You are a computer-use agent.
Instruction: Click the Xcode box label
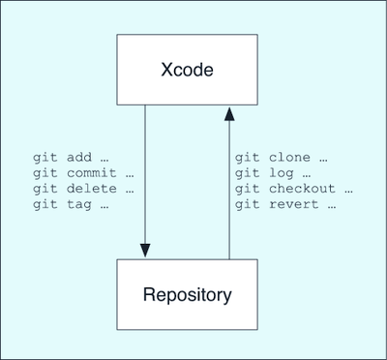pyautogui.click(x=187, y=70)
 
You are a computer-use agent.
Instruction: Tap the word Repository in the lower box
pyautogui.click(x=187, y=295)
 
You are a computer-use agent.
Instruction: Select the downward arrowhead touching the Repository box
pyautogui.click(x=145, y=251)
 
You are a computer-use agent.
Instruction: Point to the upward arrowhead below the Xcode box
pyautogui.click(x=229, y=114)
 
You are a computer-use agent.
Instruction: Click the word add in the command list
pyautogui.click(x=79, y=158)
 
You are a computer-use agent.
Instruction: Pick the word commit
pyautogui.click(x=91, y=173)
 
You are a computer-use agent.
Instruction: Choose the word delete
pyautogui.click(x=91, y=189)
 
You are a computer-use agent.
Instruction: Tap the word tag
pyautogui.click(x=79, y=205)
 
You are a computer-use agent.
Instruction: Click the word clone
pyautogui.click(x=289, y=158)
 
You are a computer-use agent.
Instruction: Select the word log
pyautogui.click(x=282, y=173)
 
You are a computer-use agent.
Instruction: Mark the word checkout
pyautogui.click(x=302, y=189)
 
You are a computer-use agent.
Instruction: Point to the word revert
pyautogui.click(x=293, y=204)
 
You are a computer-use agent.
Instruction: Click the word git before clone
pyautogui.click(x=247, y=158)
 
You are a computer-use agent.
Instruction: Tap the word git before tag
pyautogui.click(x=45, y=205)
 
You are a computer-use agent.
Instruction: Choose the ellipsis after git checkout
pyautogui.click(x=348, y=192)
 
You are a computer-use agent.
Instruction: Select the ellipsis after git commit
pyautogui.click(x=130, y=176)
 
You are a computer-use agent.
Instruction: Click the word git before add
pyautogui.click(x=45, y=158)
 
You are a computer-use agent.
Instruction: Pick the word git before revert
pyautogui.click(x=247, y=205)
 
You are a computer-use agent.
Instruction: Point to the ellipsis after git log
pyautogui.click(x=307, y=176)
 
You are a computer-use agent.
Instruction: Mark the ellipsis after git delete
pyautogui.click(x=130, y=192)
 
